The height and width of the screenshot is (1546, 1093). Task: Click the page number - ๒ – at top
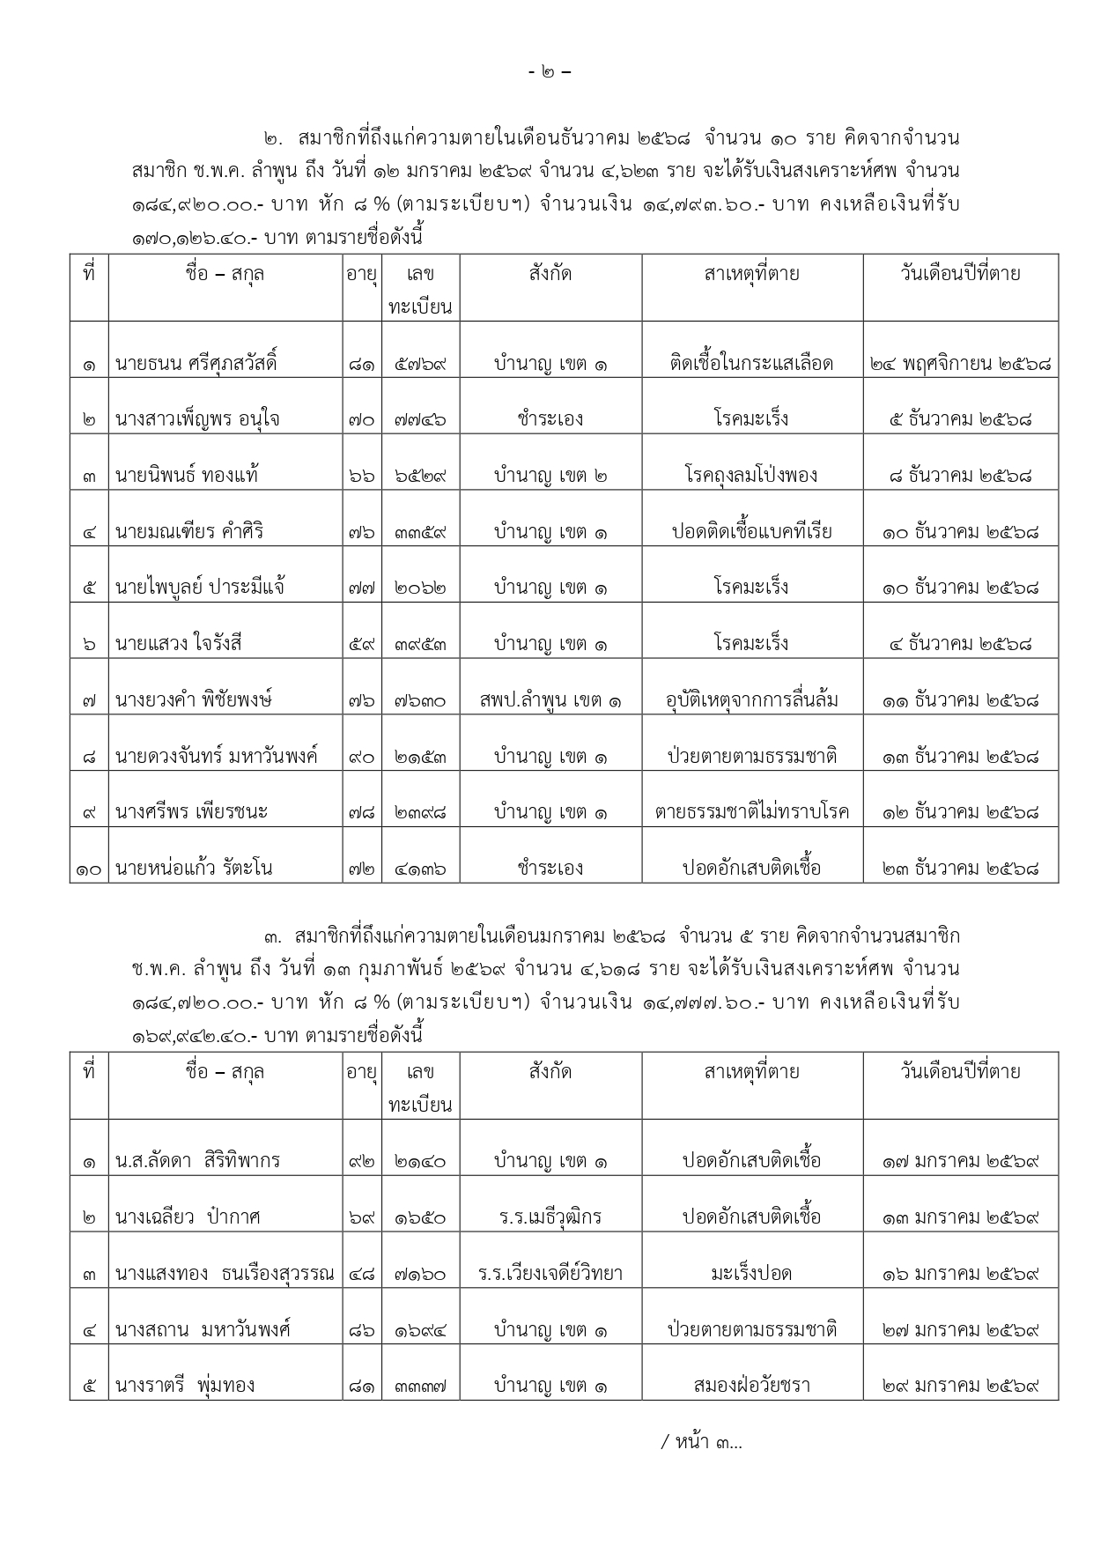(555, 72)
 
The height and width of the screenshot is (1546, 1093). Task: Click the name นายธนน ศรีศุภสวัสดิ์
(196, 363)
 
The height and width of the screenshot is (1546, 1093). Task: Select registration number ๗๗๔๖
(419, 419)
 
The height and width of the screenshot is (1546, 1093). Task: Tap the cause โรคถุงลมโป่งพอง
(751, 476)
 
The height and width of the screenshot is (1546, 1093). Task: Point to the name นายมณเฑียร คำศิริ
(189, 532)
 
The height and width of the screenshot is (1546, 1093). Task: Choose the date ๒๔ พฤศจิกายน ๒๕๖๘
(960, 363)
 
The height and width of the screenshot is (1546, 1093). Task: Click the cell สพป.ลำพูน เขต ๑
(550, 701)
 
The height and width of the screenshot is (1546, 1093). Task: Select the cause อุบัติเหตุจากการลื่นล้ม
(751, 701)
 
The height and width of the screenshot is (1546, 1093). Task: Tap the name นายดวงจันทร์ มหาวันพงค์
(217, 757)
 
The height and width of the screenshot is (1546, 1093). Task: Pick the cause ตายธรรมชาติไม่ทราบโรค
(751, 812)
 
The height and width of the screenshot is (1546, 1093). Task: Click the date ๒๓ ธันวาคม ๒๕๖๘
(960, 869)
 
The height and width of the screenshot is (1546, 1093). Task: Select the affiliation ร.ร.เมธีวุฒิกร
(550, 1217)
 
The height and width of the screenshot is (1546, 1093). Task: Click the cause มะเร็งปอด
(751, 1274)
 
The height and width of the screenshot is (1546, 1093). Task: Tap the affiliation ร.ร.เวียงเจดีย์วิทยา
(550, 1274)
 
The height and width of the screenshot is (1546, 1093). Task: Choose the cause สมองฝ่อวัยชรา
(751, 1385)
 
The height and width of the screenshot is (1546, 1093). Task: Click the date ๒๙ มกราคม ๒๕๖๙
(960, 1385)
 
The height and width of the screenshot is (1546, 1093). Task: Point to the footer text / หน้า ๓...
(701, 1442)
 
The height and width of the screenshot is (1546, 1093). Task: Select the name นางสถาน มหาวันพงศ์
(203, 1329)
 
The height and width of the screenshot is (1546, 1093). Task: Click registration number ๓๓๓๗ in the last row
(419, 1386)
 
